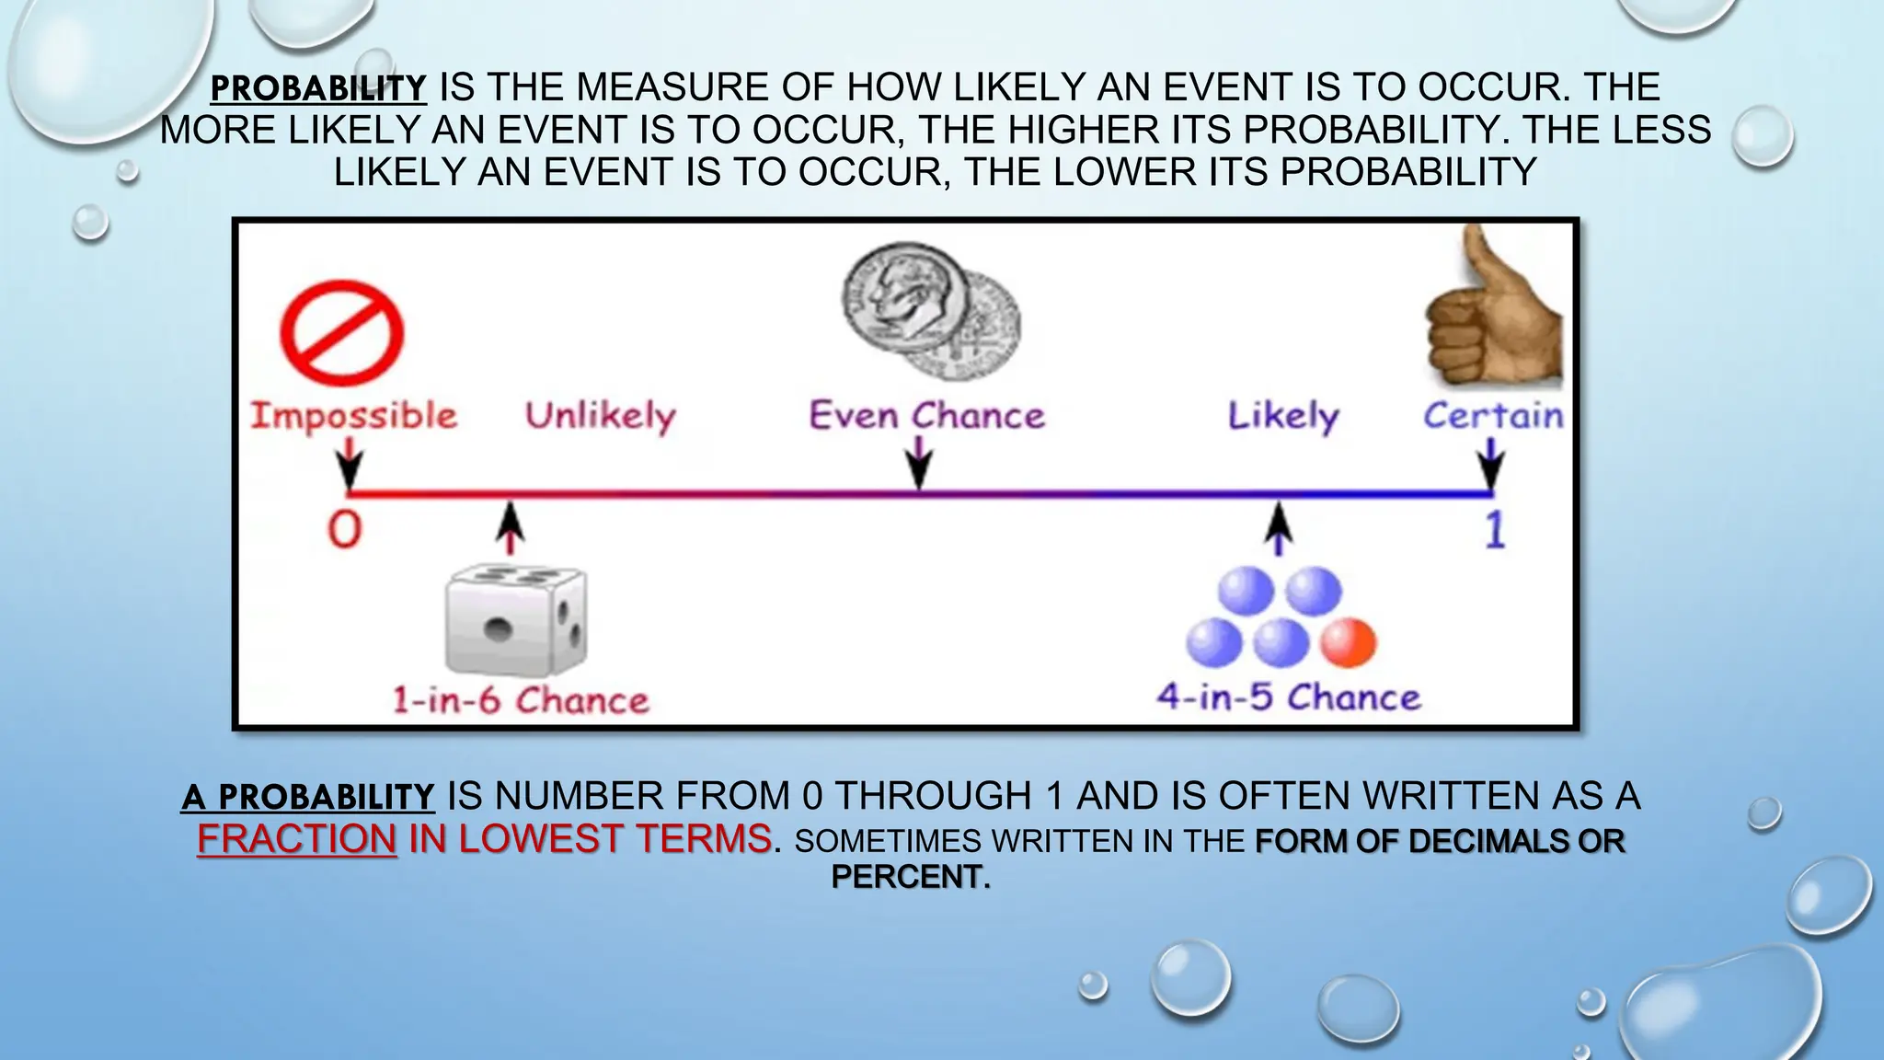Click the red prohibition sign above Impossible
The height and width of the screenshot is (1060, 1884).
(342, 333)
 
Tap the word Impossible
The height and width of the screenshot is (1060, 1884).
(354, 416)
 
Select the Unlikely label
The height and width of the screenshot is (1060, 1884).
(600, 417)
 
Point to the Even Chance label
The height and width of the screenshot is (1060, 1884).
(926, 416)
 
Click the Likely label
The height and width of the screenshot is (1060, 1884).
(1283, 417)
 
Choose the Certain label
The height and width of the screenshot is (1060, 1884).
(1493, 416)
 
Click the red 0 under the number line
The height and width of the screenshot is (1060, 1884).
(345, 530)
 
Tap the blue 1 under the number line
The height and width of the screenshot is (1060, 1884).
(1495, 530)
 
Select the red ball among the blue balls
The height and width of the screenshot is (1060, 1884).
(1348, 642)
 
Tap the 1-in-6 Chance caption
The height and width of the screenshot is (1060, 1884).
(521, 701)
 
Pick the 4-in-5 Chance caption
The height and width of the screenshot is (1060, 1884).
(1289, 697)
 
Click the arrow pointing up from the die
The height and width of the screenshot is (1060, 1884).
(511, 528)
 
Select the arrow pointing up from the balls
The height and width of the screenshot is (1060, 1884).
(1278, 528)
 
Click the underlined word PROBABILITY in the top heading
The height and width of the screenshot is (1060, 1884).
(318, 88)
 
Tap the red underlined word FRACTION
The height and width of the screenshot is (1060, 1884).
(297, 839)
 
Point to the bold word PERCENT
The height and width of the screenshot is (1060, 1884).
(910, 877)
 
